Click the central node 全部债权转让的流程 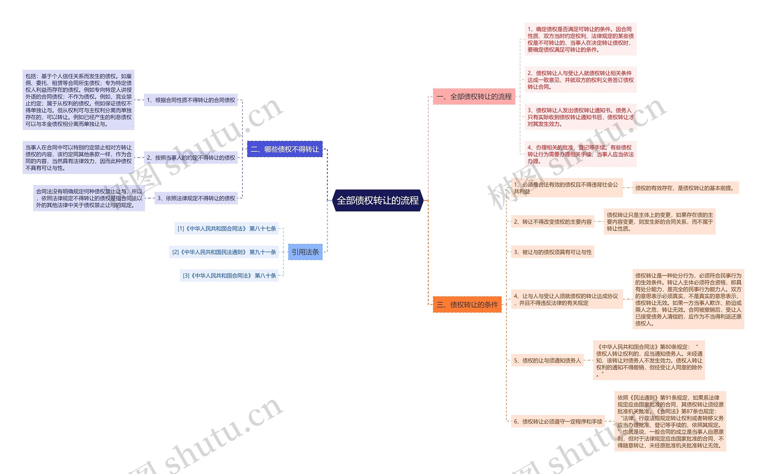click(x=378, y=200)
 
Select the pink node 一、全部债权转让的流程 click(x=474, y=96)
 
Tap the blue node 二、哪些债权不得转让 click(x=285, y=149)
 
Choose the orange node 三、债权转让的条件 click(x=467, y=305)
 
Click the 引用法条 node click(x=305, y=252)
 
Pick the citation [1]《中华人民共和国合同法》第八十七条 click(x=227, y=228)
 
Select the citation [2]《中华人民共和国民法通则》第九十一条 click(x=224, y=252)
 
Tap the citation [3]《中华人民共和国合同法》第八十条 click(x=229, y=275)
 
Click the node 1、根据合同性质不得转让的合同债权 click(x=191, y=100)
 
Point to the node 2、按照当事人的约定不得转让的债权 click(x=191, y=158)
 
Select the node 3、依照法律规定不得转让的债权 click(x=196, y=198)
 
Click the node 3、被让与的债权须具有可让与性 click(x=552, y=252)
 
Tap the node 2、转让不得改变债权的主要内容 click(x=552, y=222)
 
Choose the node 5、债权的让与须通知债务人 click(x=547, y=361)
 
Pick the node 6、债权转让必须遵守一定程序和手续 click(x=558, y=422)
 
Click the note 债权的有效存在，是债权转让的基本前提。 click(x=685, y=188)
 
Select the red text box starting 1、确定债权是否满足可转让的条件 click(x=580, y=39)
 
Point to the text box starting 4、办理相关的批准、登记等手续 click(x=580, y=154)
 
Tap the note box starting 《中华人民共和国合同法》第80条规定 click(x=649, y=360)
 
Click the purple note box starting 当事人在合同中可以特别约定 click(x=78, y=158)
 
